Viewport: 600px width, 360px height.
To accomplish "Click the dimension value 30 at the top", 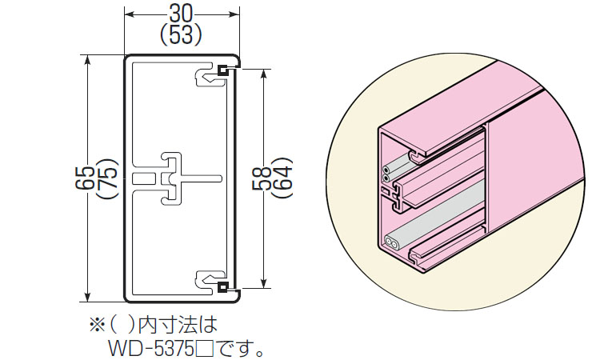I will pos(182,14).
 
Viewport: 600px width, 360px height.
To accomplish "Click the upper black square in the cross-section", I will pos(225,71).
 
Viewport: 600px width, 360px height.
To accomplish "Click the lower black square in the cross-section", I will pos(225,286).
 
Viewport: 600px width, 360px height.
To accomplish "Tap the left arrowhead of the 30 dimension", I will pos(127,14).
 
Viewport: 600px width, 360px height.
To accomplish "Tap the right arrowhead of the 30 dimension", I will pos(237,14).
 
